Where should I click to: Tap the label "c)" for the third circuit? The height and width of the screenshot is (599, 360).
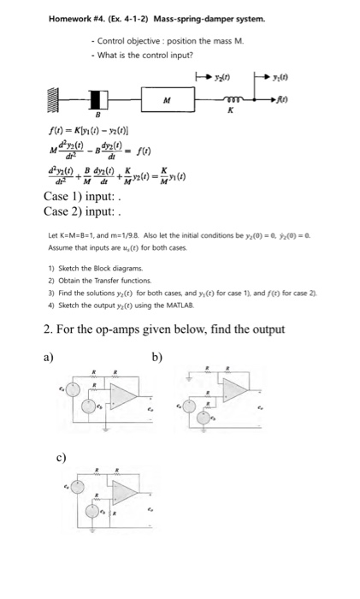[x=61, y=457]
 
